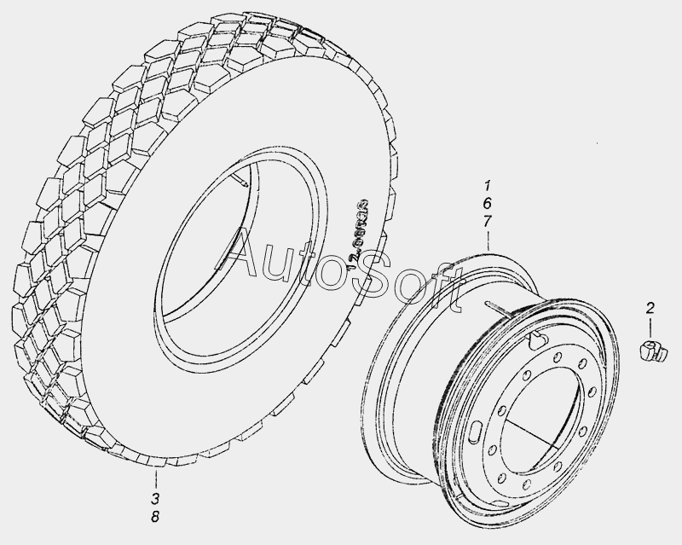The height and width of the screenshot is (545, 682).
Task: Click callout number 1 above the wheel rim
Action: [x=488, y=186]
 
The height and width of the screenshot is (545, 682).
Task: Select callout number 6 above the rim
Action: [x=488, y=204]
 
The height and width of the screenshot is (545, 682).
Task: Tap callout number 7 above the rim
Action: [x=488, y=222]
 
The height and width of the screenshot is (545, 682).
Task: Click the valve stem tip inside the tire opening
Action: [x=245, y=182]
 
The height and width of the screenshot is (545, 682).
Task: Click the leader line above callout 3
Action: [x=155, y=473]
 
